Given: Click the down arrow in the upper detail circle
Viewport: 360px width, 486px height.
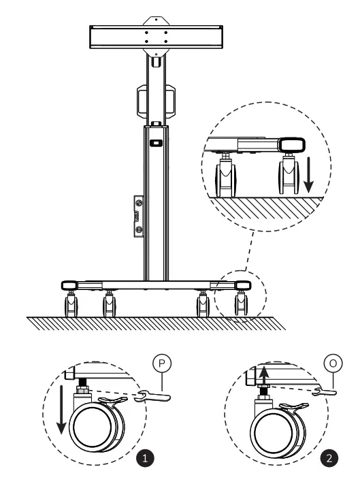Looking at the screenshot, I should click(308, 174).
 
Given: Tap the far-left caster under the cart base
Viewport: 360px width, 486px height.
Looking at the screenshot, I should click(70, 304).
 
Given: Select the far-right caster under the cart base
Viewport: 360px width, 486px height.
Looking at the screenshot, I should click(241, 304).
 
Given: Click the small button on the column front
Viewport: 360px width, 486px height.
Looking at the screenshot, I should click(156, 144).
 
